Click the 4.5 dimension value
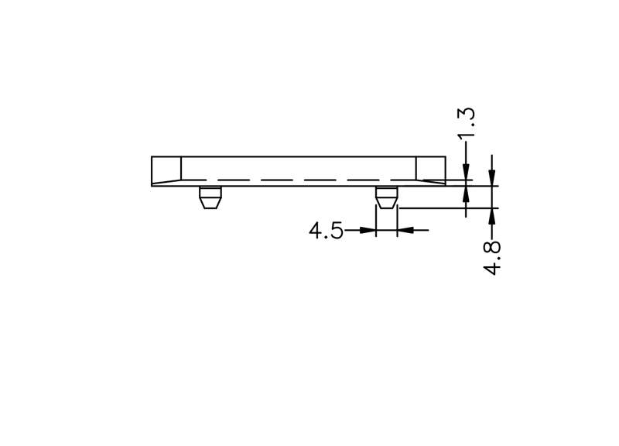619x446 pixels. (326, 230)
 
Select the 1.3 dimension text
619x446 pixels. (467, 123)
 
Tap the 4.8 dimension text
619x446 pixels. (491, 258)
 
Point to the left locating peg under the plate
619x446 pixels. (210, 197)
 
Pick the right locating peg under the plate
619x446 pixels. (386, 197)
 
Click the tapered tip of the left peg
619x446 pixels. (210, 204)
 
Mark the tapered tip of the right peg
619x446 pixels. (386, 203)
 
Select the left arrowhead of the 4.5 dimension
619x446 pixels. (368, 230)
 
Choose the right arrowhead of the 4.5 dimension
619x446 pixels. (405, 230)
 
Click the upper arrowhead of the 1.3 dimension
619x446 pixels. (467, 171)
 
